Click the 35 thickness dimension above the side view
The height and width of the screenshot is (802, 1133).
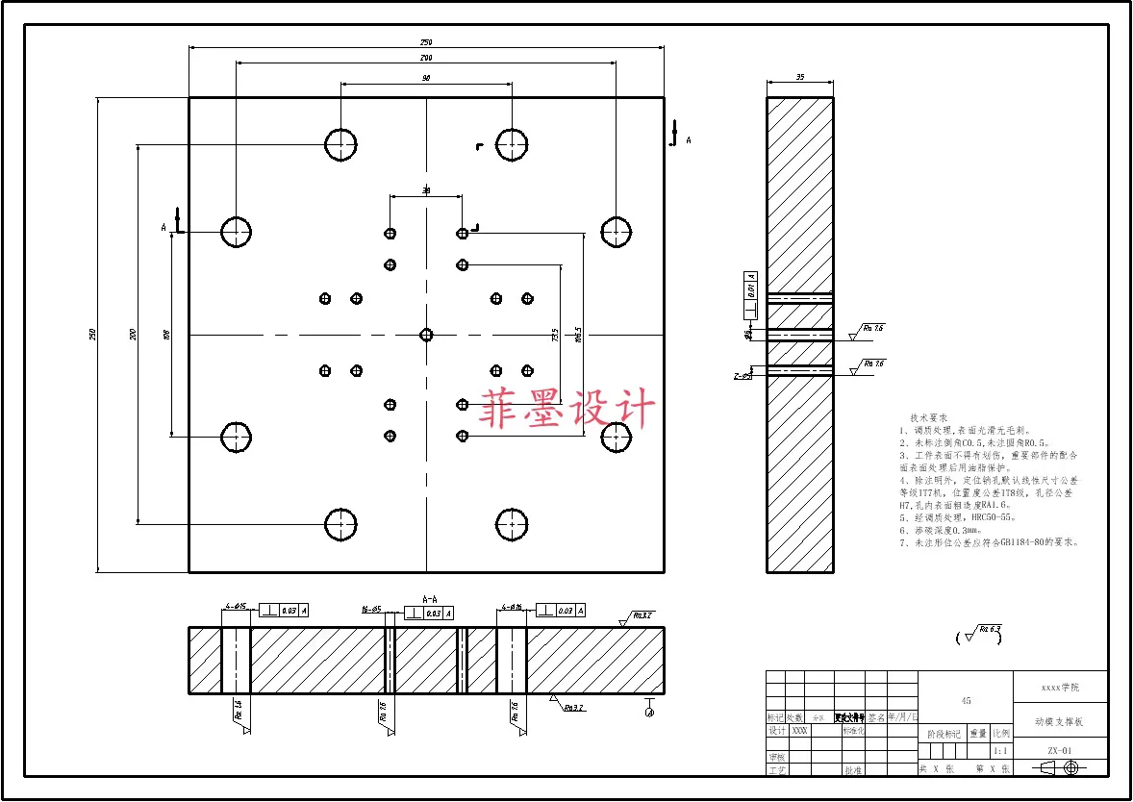tap(799, 77)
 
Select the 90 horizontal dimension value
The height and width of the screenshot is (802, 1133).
tap(426, 78)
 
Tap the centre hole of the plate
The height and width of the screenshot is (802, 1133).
tap(426, 335)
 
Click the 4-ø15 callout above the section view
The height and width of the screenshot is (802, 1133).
tap(235, 607)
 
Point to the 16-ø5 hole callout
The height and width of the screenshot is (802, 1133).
tap(371, 610)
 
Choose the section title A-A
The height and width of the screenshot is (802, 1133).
tap(430, 597)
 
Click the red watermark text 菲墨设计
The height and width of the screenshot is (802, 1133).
tap(567, 409)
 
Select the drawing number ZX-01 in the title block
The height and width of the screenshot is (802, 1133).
tap(1060, 751)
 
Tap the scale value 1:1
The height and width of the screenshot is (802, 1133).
tap(1000, 751)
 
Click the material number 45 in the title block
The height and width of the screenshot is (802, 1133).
tap(966, 702)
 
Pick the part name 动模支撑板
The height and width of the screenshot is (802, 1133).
tap(1060, 720)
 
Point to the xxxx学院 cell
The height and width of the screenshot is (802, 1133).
tap(1060, 688)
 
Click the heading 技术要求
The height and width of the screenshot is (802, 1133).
tap(928, 418)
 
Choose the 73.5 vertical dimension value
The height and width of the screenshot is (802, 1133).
tap(555, 336)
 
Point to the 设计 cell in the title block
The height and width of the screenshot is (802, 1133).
tap(776, 731)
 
